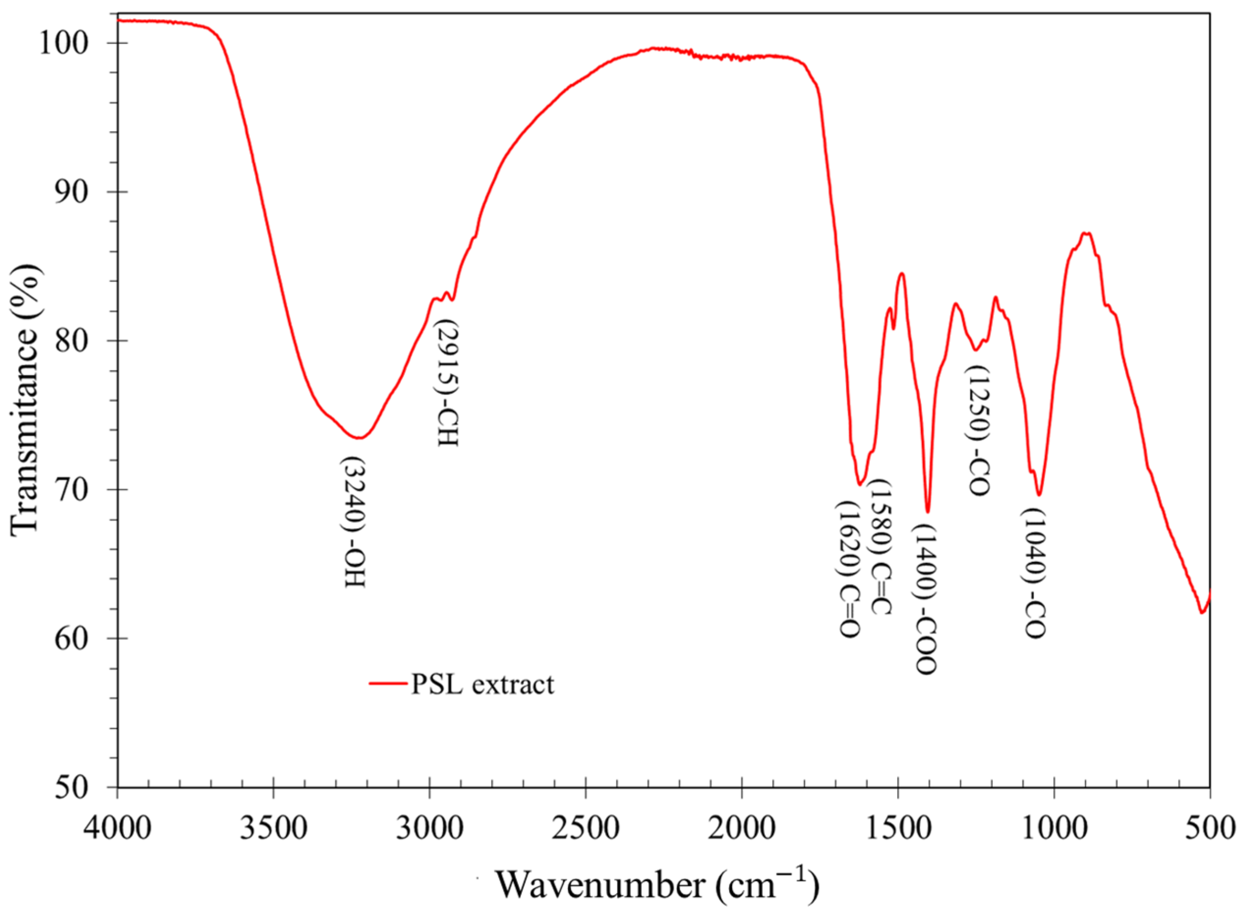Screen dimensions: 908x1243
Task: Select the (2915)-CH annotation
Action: (447, 383)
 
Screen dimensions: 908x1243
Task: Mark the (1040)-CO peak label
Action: (1034, 573)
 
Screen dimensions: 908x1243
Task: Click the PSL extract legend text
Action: (483, 684)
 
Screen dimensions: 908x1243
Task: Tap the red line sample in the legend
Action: (388, 684)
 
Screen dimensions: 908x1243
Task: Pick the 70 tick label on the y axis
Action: (71, 489)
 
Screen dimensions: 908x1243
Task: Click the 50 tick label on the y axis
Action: (71, 787)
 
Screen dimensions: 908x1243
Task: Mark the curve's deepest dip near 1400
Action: (927, 511)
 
